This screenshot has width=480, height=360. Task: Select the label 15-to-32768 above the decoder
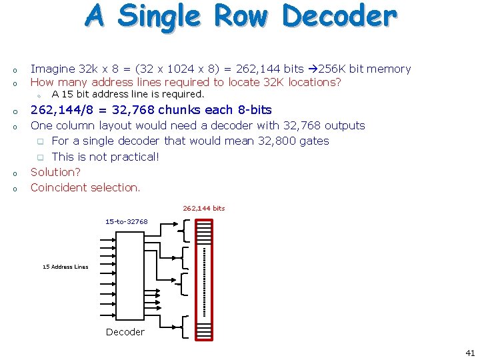coord(127,221)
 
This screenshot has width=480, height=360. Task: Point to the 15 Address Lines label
coord(65,267)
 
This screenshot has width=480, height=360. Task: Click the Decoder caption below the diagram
coord(125,332)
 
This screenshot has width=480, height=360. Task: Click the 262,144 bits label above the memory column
coord(204,208)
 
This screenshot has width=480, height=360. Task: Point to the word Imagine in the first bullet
coord(53,69)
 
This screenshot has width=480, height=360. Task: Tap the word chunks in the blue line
coord(179,110)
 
